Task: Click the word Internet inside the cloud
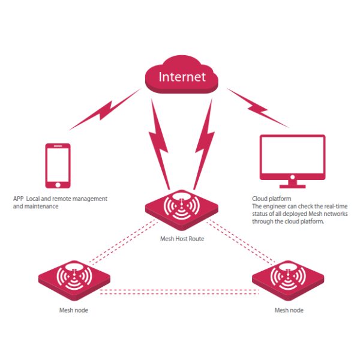[182, 77]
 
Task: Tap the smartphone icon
[58, 165]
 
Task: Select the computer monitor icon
[292, 155]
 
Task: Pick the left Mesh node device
[74, 278]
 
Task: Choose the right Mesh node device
[287, 278]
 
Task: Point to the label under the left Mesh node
[74, 310]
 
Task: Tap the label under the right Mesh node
[289, 310]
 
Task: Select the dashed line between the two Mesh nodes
[180, 292]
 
